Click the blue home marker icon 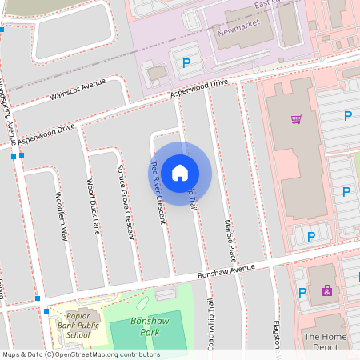pyautogui.click(x=180, y=172)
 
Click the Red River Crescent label pyautogui.click(x=158, y=193)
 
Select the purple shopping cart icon pyautogui.click(x=296, y=120)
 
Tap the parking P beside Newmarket pyautogui.click(x=187, y=63)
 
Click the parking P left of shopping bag pyautogui.click(x=302, y=293)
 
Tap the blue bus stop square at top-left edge pyautogui.click(x=2, y=30)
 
